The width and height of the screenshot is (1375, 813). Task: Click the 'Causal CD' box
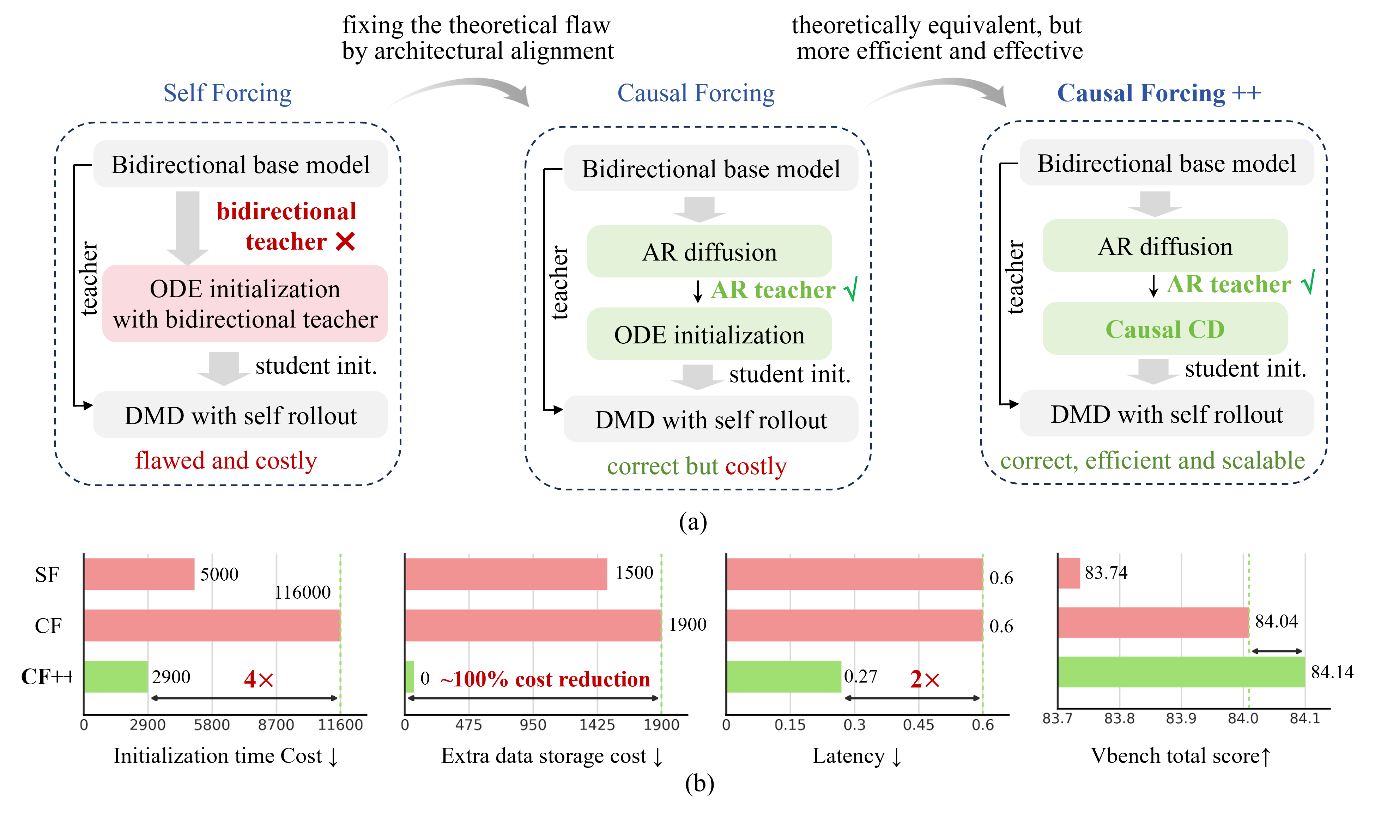click(1164, 329)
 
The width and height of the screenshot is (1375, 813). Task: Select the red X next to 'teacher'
click(345, 241)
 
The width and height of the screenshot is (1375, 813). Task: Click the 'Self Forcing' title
click(228, 93)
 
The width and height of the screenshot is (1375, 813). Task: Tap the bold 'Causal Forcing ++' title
click(1159, 93)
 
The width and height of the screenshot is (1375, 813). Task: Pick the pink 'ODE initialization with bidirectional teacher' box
click(245, 304)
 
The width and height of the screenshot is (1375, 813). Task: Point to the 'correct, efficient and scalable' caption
click(1152, 461)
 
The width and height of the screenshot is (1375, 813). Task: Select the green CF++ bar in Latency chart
click(784, 677)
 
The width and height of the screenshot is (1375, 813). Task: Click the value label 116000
click(303, 592)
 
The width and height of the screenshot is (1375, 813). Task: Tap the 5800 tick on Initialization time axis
click(212, 725)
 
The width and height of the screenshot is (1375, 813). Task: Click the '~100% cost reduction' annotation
click(545, 679)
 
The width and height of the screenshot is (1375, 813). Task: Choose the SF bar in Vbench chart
click(1069, 573)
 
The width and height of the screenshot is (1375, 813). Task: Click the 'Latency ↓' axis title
click(856, 756)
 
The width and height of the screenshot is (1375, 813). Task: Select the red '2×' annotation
click(925, 679)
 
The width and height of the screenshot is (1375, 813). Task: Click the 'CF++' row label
click(47, 677)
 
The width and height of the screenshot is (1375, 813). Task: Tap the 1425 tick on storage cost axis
click(597, 725)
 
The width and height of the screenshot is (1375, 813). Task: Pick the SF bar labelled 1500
click(506, 574)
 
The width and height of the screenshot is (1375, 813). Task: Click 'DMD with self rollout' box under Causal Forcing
click(711, 419)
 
